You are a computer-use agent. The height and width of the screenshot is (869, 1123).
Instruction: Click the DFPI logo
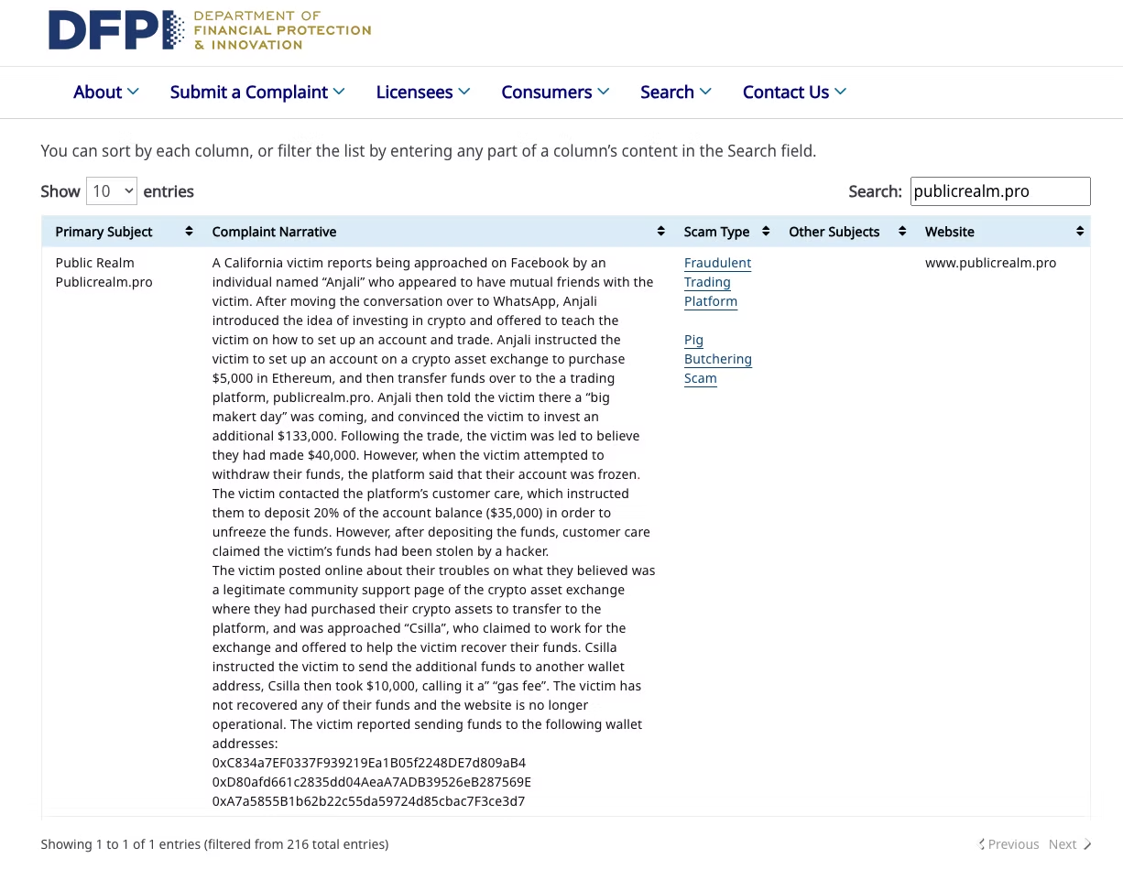(x=209, y=30)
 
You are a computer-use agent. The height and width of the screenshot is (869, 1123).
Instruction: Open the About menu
(x=105, y=92)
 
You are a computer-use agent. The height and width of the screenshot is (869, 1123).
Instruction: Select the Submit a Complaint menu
(x=256, y=92)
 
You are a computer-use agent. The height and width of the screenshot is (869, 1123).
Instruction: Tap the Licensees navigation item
(x=422, y=92)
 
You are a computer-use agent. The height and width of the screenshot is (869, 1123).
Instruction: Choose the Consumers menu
(x=554, y=92)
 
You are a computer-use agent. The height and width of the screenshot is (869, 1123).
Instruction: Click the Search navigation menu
(x=675, y=92)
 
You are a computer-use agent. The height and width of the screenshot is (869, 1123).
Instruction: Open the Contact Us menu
(x=793, y=92)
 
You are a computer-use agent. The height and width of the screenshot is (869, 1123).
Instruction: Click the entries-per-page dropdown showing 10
(x=111, y=191)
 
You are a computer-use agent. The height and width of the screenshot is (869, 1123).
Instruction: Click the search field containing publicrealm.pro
(x=999, y=191)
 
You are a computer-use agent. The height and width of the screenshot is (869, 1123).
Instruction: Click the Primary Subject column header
(x=104, y=232)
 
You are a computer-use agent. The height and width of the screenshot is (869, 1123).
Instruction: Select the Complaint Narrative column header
(x=274, y=232)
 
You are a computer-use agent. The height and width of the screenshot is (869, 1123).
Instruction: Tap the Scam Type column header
(x=716, y=232)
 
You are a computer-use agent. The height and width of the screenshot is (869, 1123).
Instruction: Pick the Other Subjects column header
(x=834, y=232)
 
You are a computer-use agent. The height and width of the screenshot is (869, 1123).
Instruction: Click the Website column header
(x=950, y=232)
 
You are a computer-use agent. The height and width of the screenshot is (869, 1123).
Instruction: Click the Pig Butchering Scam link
(x=717, y=359)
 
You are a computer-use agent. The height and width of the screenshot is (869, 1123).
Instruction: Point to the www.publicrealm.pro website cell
(x=990, y=263)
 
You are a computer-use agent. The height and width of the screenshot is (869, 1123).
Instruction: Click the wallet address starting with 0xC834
(x=368, y=763)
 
